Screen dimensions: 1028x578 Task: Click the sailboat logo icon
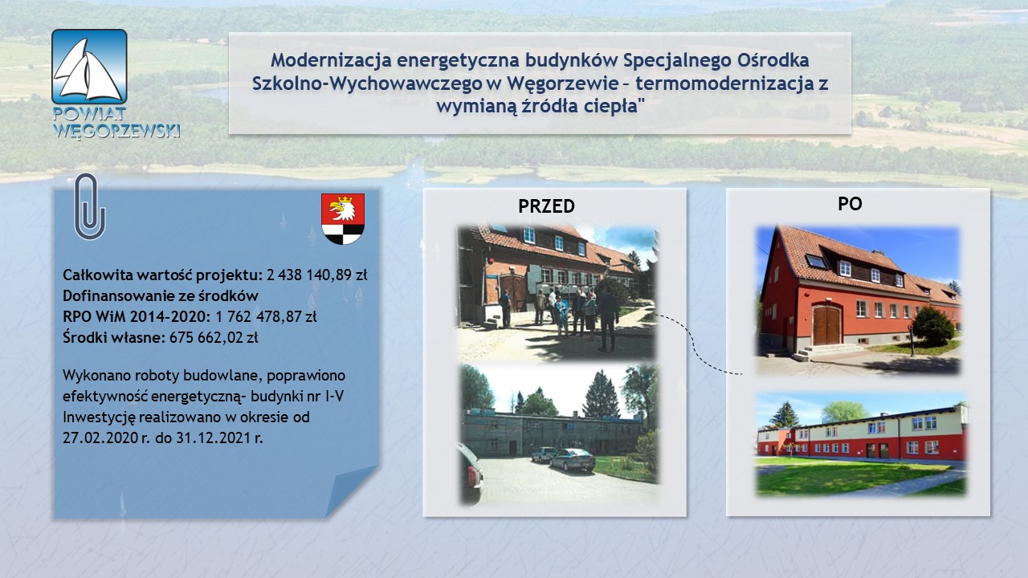89,67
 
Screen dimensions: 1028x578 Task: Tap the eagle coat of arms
343,218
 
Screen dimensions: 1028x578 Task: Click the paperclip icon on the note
89,206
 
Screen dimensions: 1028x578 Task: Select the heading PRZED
546,206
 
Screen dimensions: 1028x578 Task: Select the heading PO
850,204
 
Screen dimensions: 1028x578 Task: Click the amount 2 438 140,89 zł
316,275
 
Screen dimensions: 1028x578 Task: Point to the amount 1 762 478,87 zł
266,316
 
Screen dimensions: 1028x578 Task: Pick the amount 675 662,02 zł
214,338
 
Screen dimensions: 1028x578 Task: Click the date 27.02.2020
100,438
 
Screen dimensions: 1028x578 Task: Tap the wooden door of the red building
826,325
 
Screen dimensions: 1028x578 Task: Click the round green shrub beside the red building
933,325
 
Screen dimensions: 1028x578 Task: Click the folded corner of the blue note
351,490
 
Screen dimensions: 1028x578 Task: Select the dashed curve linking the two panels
695,342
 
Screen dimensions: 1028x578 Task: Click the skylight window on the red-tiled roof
815,262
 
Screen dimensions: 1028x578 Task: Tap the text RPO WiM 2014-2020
137,316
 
